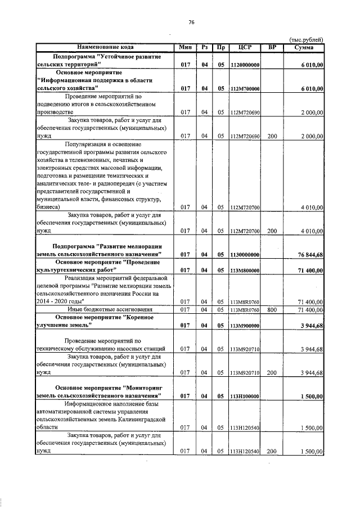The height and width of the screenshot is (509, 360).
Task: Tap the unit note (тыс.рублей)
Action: click(306, 40)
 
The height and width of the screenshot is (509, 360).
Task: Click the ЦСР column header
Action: click(245, 47)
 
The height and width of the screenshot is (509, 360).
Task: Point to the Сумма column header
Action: click(304, 47)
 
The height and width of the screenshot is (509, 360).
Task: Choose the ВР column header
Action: click(272, 47)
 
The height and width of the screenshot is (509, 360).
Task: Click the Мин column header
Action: click(185, 47)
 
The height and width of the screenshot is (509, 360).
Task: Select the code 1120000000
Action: click(245, 66)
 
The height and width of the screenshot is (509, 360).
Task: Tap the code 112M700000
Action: click(245, 89)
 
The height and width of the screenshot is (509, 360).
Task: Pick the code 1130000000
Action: click(245, 255)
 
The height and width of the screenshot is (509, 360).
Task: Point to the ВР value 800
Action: click(272, 309)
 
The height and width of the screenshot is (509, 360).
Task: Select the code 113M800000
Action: click(245, 271)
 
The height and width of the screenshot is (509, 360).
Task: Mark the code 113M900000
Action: click(245, 326)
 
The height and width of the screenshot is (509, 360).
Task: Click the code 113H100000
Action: click(245, 397)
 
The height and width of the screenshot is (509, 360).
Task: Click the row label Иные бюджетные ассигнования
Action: click(102, 309)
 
